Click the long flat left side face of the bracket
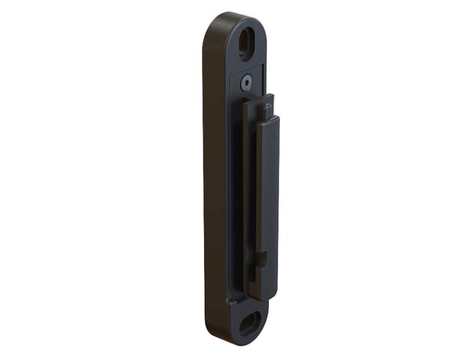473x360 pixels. click(x=210, y=185)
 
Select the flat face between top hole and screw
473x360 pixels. click(x=249, y=65)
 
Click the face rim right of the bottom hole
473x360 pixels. click(x=267, y=318)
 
